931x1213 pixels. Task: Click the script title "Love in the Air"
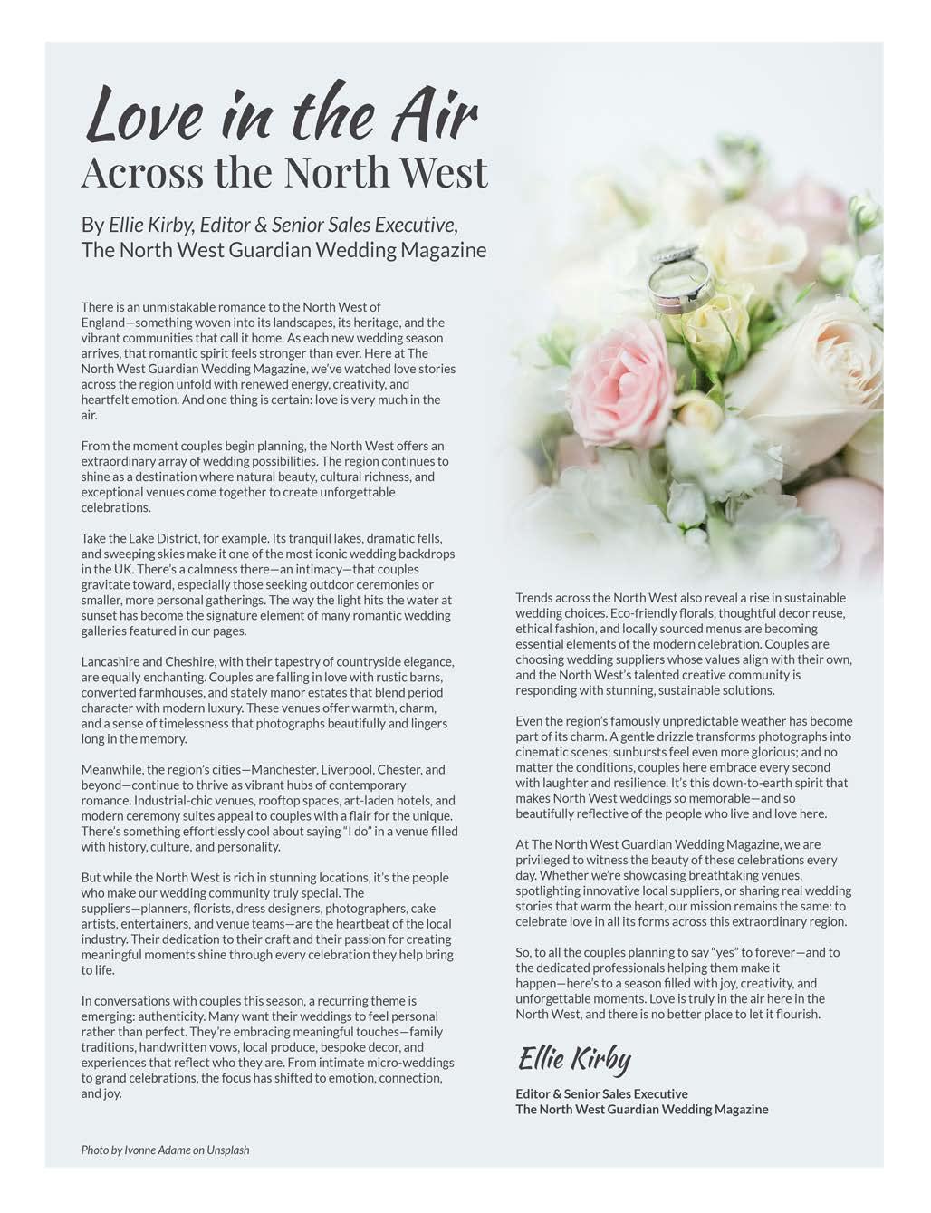point(281,114)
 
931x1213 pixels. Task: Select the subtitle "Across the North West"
point(284,172)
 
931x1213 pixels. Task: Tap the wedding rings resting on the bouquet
point(674,276)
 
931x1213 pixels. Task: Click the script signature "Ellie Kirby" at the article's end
point(574,1059)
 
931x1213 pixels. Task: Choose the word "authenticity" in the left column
point(163,1016)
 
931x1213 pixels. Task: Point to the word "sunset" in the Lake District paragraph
point(100,615)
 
